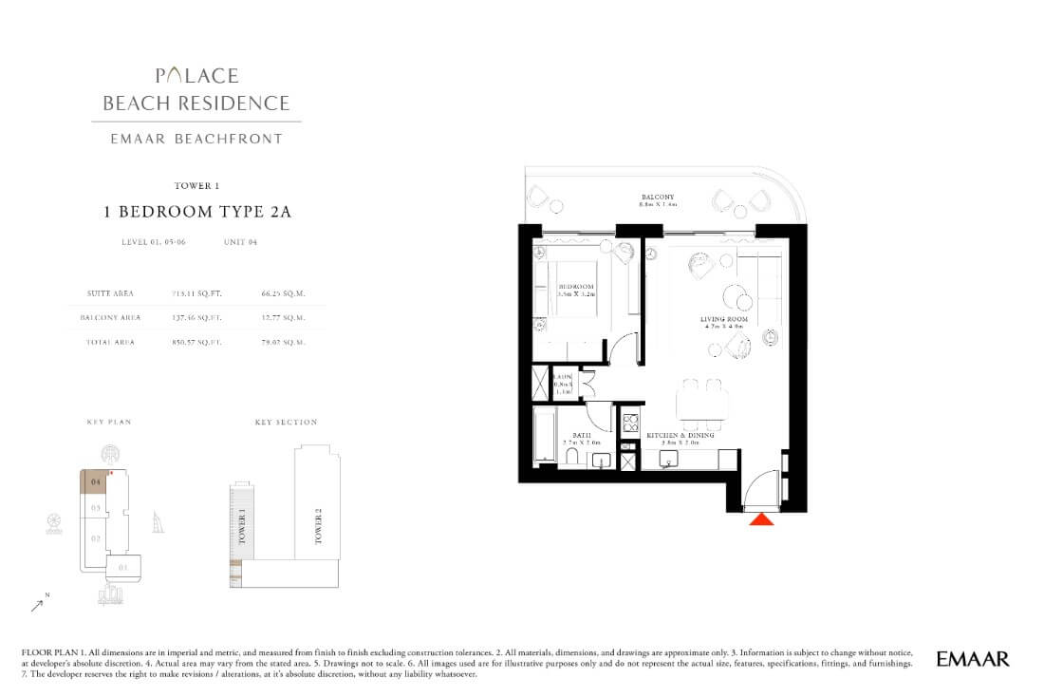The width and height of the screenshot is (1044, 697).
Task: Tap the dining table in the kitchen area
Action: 702,405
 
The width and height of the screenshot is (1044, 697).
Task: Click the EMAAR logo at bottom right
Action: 972,658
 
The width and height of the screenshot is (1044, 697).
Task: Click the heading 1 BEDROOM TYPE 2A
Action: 197,213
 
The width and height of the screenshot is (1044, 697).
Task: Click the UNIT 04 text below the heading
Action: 240,242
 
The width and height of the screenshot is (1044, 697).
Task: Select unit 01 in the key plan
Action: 122,569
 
